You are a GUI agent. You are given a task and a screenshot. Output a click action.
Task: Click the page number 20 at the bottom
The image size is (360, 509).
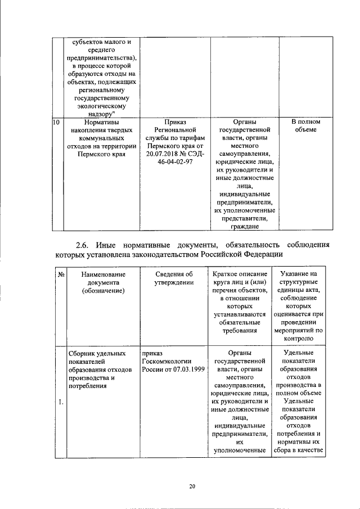click(192, 487)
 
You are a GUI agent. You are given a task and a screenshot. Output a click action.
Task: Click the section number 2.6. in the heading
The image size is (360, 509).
click(84, 245)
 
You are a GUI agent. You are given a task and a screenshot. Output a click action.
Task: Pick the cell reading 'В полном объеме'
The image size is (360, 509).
click(306, 125)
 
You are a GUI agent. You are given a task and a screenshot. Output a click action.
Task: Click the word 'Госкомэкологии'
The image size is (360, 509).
click(168, 364)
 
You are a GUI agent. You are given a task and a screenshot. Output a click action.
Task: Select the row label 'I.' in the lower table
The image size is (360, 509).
click(61, 402)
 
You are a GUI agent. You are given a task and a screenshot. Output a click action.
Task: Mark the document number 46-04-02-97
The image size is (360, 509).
click(173, 162)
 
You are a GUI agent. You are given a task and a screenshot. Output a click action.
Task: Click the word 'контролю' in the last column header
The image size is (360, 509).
click(306, 339)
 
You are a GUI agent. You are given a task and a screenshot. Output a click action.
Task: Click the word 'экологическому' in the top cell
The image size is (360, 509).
click(102, 105)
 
